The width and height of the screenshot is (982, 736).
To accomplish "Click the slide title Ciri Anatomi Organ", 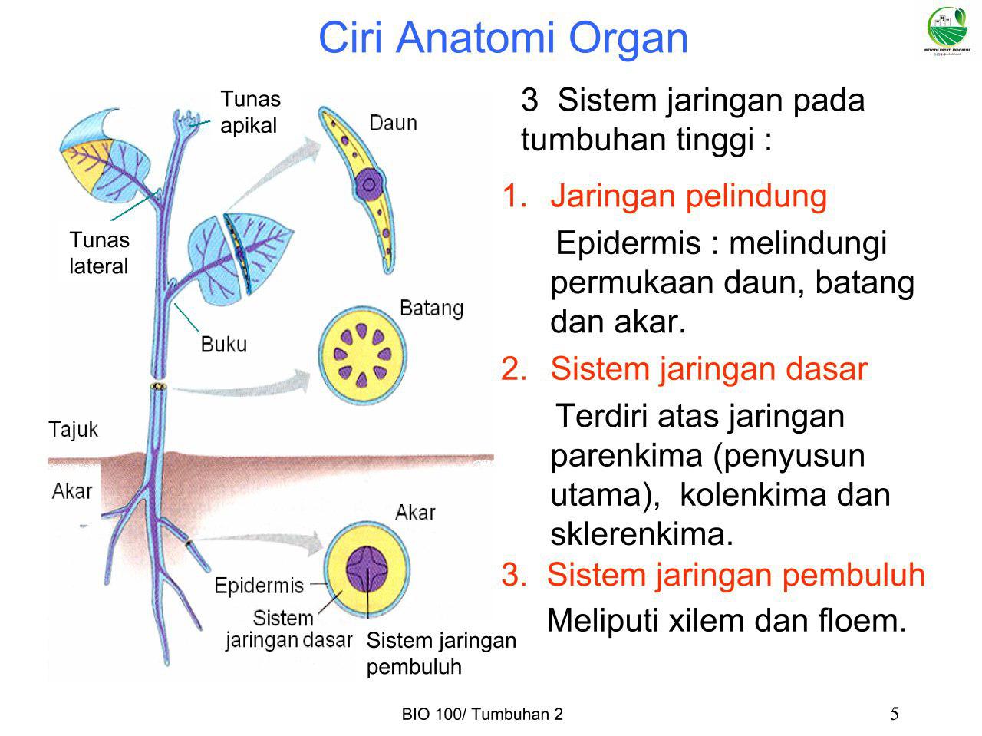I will point(503,38).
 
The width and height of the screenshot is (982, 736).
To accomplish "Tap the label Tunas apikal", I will point(250,112).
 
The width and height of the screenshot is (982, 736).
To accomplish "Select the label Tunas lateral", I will point(99,253).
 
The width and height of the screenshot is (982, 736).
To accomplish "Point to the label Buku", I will point(224,344).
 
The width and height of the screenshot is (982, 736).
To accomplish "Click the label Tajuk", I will point(74,428).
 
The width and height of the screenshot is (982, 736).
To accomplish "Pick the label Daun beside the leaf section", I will point(393,123).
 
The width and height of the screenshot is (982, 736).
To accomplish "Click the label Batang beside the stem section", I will point(431,309).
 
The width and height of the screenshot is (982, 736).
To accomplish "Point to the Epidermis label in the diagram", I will point(259,586).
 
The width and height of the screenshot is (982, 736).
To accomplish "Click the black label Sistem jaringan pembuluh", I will point(441,653).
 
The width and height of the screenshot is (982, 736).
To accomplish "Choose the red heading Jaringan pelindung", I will point(688,196).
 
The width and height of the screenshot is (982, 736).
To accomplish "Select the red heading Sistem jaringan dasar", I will point(708,369).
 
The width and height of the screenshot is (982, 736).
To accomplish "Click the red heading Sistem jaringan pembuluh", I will point(736,574).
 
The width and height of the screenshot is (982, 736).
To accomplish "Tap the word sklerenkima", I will point(641,534).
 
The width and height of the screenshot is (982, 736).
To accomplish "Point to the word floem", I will point(862,620).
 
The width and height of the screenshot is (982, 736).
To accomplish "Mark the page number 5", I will point(895,715).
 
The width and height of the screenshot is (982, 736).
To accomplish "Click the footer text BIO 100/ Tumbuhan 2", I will point(482,715).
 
